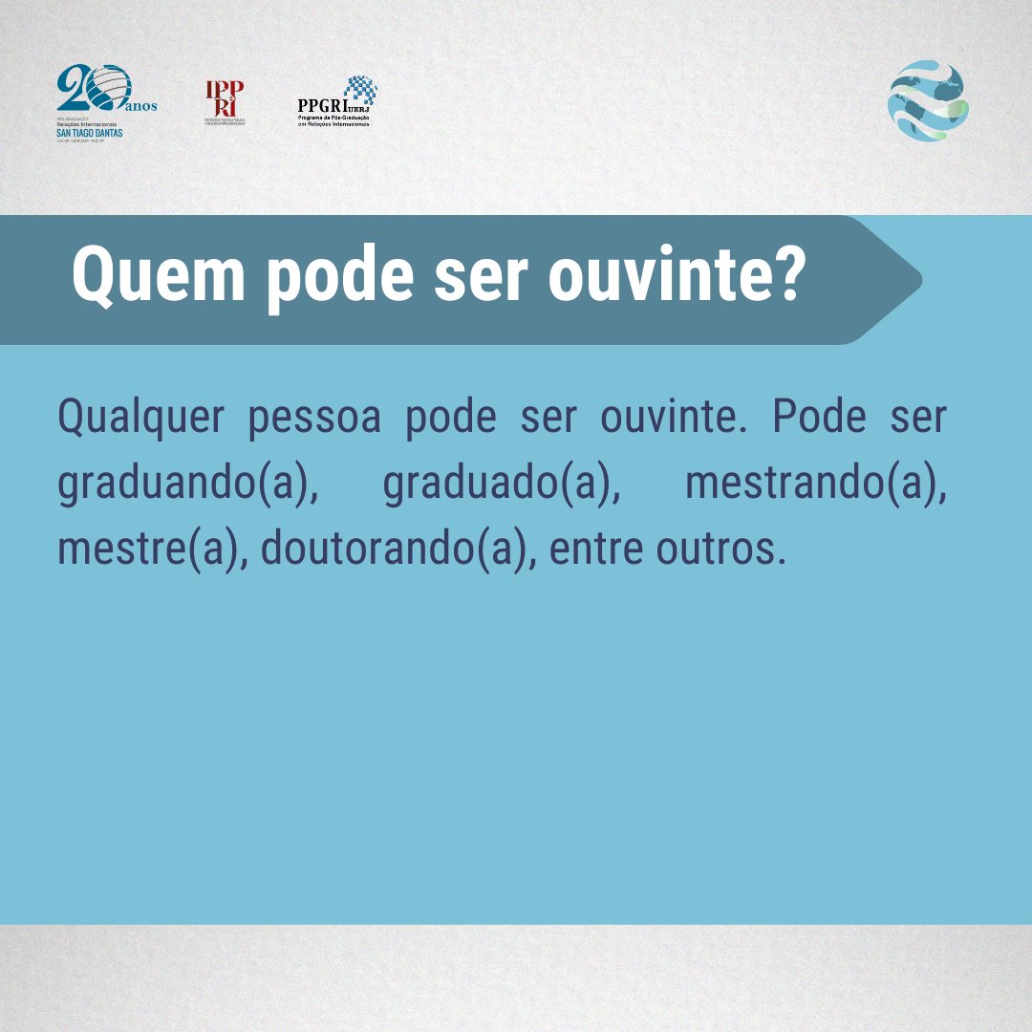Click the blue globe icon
(x=928, y=101)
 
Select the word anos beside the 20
(x=140, y=106)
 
